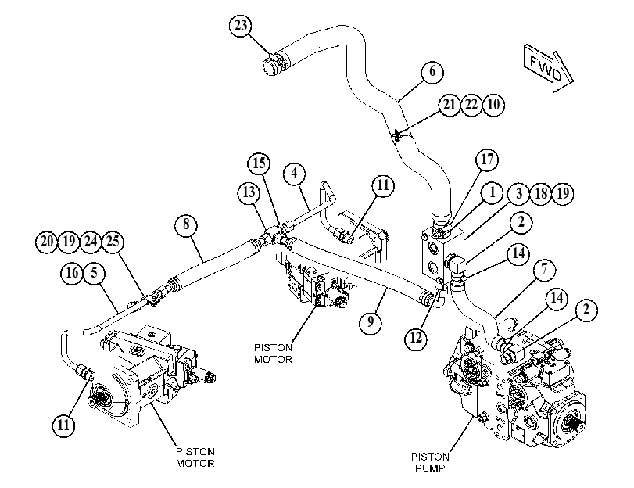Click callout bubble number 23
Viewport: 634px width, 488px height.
coord(241,26)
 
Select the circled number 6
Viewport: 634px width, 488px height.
coord(432,72)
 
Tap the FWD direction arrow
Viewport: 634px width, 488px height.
coord(548,68)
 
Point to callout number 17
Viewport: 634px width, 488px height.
coord(487,160)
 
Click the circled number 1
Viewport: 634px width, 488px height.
coord(492,192)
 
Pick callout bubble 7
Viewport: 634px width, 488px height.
coord(544,269)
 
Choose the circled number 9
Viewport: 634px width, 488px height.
coord(371,321)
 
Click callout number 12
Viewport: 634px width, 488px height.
coord(416,337)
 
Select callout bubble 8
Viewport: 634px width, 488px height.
coord(186,224)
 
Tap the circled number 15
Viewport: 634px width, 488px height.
coord(259,163)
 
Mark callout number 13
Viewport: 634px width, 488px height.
coord(249,192)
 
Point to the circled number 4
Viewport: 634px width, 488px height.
coord(294,173)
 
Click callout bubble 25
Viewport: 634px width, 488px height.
coord(113,242)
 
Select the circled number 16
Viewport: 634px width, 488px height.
coord(72,273)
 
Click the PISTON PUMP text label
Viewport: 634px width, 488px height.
coord(430,462)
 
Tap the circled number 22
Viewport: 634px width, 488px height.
coord(471,105)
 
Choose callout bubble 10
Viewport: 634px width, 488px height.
coord(494,105)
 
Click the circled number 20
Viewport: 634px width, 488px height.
coord(47,242)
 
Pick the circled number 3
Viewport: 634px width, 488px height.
coord(519,194)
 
